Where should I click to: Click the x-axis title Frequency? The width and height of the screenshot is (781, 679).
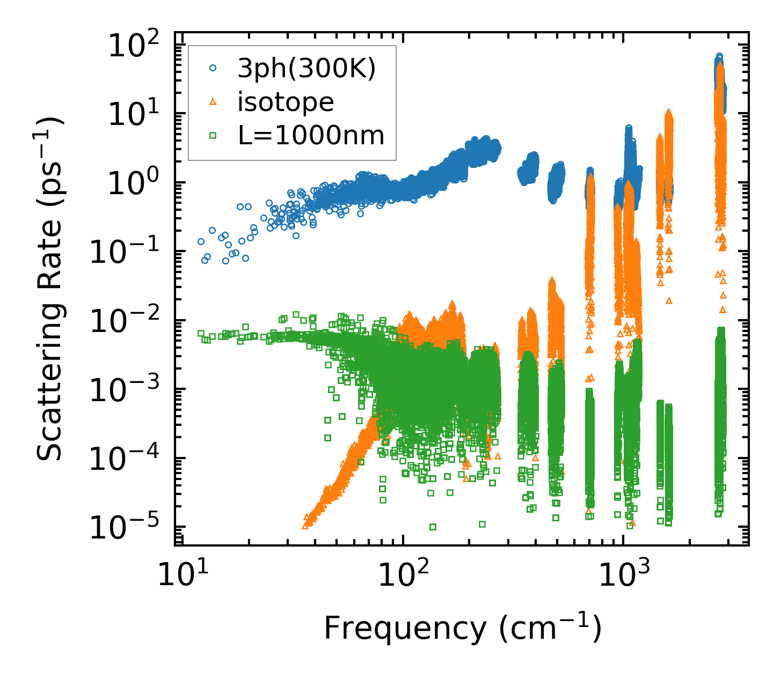(x=462, y=628)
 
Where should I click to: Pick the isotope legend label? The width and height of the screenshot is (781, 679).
(x=286, y=102)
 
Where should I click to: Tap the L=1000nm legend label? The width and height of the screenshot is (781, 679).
(x=311, y=136)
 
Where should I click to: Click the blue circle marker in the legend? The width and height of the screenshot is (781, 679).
(x=213, y=68)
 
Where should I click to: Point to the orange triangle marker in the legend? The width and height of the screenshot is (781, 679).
(x=213, y=102)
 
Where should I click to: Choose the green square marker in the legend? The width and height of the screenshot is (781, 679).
(x=213, y=136)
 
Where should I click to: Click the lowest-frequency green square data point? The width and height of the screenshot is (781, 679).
(x=201, y=333)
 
